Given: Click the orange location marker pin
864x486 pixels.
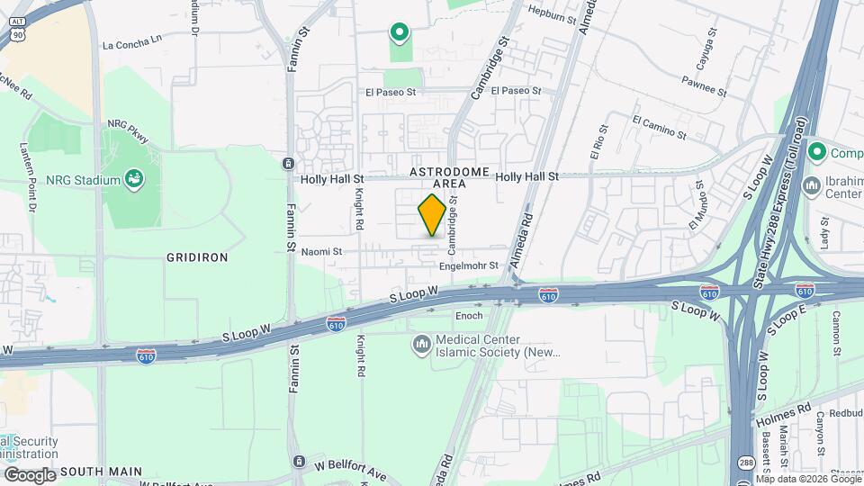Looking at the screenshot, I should click(x=432, y=215).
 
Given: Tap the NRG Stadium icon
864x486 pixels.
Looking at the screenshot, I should click(x=134, y=180).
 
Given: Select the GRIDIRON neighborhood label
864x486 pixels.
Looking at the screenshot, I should click(x=197, y=257).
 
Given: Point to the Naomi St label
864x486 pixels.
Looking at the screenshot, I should click(x=321, y=253).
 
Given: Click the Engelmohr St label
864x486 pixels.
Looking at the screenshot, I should click(x=468, y=266).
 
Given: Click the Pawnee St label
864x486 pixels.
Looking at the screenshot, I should click(x=705, y=89).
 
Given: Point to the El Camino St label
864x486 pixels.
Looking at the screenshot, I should click(x=659, y=126).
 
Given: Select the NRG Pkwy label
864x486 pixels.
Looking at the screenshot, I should click(x=127, y=130).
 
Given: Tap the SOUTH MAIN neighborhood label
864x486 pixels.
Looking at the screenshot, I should click(x=102, y=471).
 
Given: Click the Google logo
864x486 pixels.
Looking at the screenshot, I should click(x=30, y=474).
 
